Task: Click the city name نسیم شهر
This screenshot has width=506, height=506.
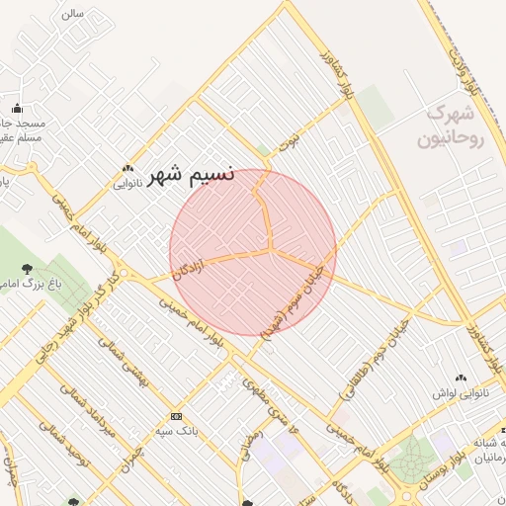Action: pos(191,177)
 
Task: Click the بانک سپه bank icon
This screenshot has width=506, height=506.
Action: pos(177,416)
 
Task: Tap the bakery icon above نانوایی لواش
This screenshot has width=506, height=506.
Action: pos(461,378)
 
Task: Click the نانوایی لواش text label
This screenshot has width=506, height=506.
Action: pos(457,393)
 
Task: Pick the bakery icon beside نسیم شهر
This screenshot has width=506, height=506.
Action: pos(127,168)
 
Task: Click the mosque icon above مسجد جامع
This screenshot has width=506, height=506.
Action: pos(17,109)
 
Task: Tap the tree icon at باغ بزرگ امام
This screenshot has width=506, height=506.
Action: pos(26,268)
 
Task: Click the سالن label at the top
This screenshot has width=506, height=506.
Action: pos(71,15)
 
